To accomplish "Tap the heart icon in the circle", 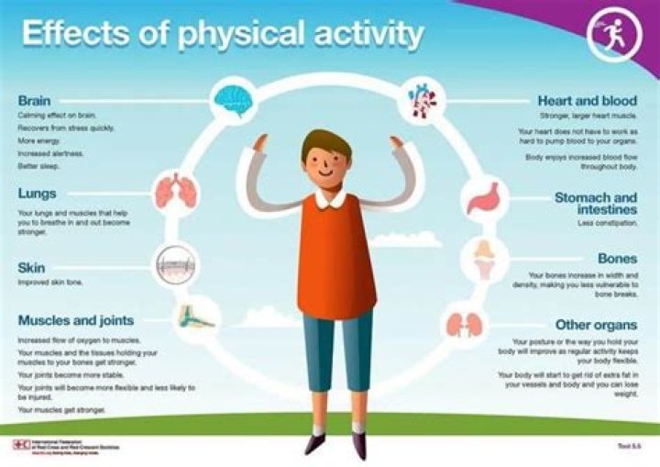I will (423, 98).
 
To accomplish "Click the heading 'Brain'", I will (35, 100).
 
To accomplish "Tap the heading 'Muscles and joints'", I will (76, 321).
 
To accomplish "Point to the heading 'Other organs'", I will (596, 325).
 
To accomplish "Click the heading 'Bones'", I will (617, 259).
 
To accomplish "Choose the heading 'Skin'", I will (31, 268).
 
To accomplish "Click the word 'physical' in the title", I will (233, 34).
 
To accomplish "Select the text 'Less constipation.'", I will (608, 223).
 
